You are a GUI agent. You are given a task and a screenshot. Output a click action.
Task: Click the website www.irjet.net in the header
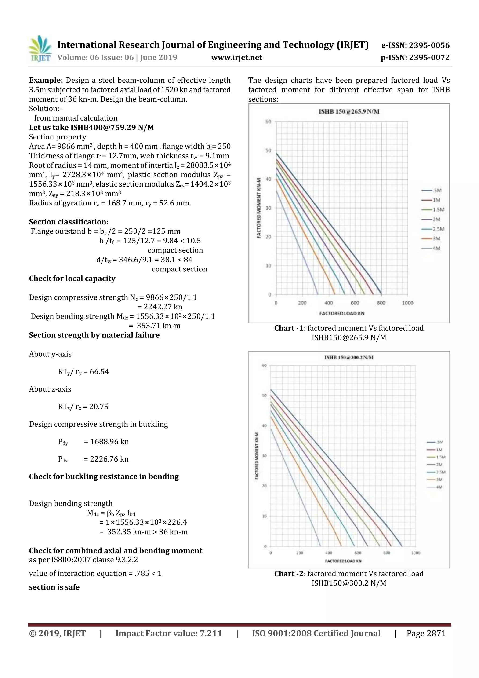(237, 57)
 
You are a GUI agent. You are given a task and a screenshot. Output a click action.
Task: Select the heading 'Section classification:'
(69, 222)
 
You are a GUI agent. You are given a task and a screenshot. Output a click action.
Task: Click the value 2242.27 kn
(163, 307)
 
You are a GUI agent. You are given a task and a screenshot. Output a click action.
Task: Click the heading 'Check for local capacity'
(72, 279)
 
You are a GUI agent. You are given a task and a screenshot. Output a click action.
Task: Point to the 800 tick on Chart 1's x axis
(381, 303)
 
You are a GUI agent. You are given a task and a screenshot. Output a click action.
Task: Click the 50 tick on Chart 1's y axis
(268, 150)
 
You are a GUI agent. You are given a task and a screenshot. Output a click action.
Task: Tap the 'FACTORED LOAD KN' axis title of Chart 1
(342, 313)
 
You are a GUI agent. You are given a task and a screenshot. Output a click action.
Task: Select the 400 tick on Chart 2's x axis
(328, 553)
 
